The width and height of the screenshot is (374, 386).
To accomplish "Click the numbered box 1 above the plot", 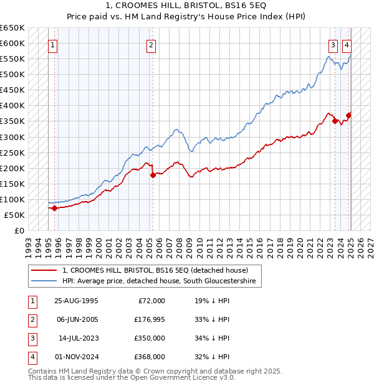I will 53,44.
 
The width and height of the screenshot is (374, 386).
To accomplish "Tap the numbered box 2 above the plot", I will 151,44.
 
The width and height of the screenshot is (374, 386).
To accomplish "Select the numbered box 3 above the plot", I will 333,44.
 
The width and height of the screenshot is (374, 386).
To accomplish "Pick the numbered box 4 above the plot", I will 347,44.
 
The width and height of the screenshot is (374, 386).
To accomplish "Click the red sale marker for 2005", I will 153,176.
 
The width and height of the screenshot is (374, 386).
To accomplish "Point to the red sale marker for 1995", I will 54,208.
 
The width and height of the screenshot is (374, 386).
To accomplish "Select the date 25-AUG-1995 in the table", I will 76,301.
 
